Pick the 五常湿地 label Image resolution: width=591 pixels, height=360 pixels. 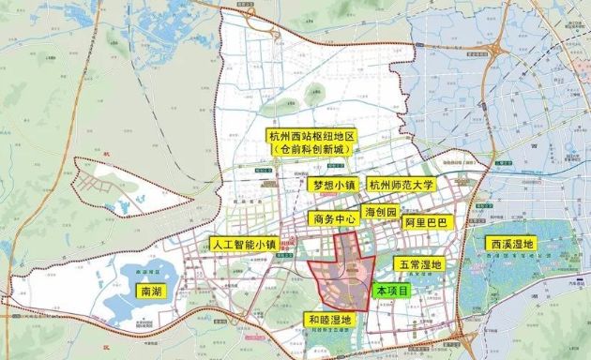pyautogui.click(x=417, y=265)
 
